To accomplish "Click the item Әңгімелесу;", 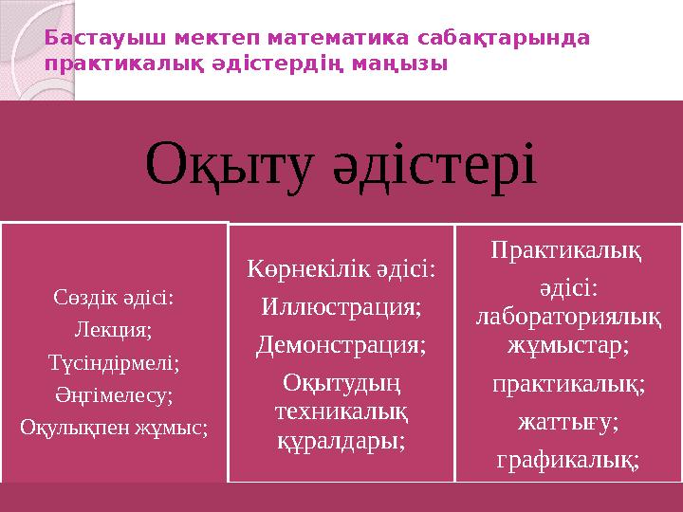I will coord(114,393).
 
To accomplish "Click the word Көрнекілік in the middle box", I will coord(304,269).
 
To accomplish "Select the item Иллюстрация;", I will coord(341,308).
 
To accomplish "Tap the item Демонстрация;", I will coord(341,345).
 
